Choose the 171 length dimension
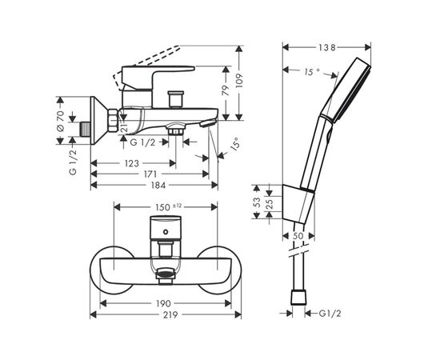pyautogui.click(x=149, y=174)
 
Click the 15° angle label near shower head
pyautogui.click(x=311, y=72)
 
